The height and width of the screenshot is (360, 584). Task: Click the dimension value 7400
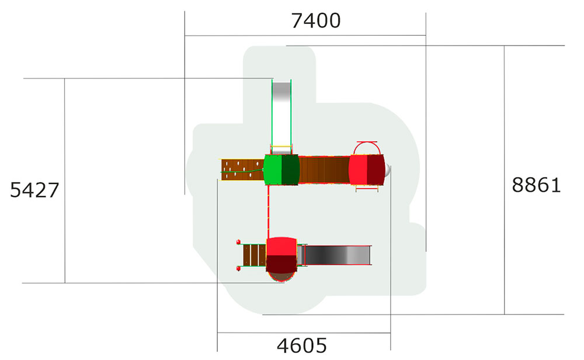[x=316, y=21]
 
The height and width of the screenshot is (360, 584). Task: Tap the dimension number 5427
[x=34, y=190]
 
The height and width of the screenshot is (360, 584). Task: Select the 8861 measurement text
[x=536, y=185]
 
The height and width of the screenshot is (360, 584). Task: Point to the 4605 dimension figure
[x=302, y=346]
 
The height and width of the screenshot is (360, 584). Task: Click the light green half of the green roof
[x=273, y=170]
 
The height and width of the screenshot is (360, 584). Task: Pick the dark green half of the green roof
[x=291, y=170]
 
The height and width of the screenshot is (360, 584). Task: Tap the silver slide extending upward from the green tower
[x=281, y=116]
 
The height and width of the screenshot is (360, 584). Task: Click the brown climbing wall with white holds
[x=242, y=170]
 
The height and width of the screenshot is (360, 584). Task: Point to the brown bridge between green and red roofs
[x=324, y=170]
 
